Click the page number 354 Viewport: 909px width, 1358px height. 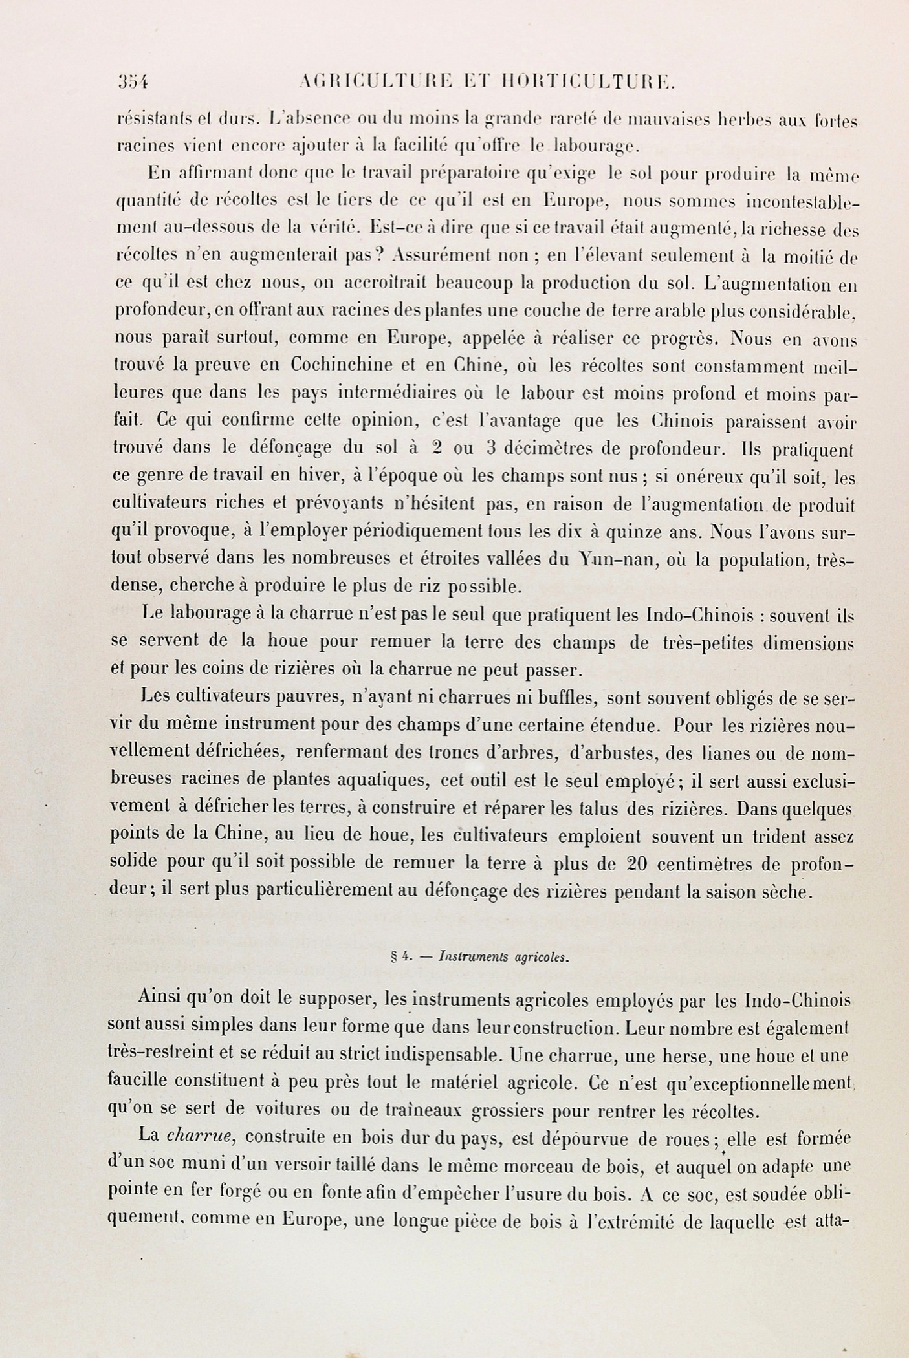[133, 82]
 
